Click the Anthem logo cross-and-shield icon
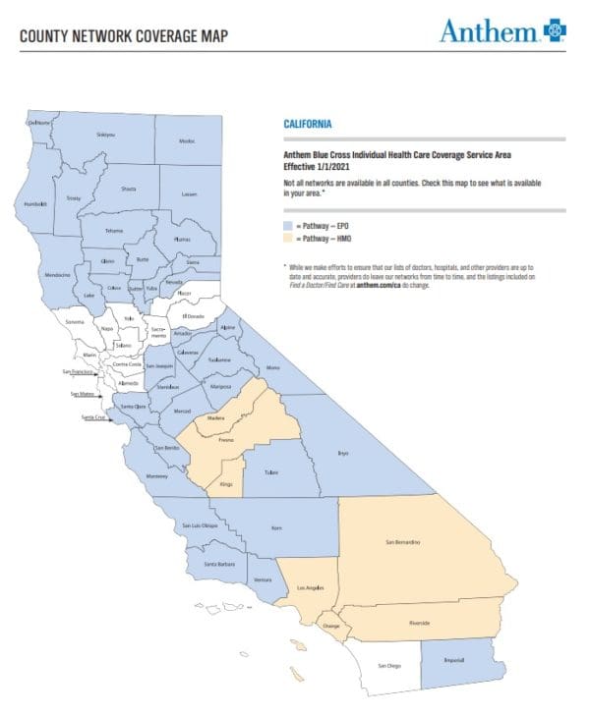[557, 31]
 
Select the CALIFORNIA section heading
[307, 125]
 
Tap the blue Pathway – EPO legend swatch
[288, 225]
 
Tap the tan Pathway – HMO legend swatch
[288, 240]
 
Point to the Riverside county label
[420, 623]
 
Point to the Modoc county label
[187, 141]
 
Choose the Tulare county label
[272, 472]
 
